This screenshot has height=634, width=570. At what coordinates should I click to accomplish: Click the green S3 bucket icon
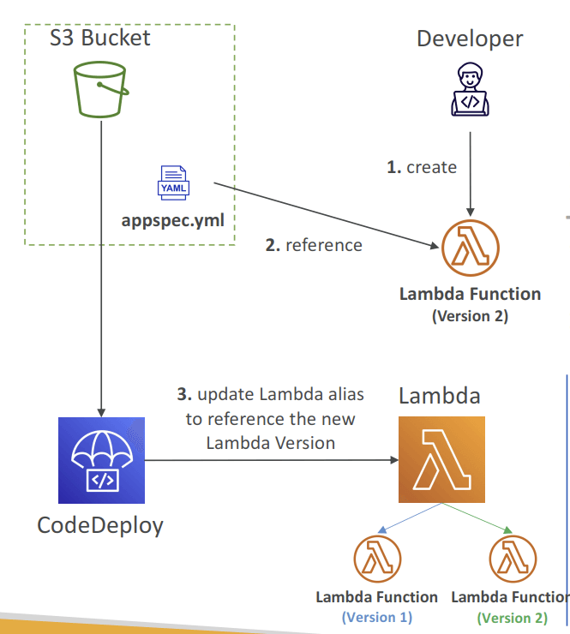tap(101, 89)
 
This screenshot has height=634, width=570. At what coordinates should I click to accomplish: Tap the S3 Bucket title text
tap(100, 38)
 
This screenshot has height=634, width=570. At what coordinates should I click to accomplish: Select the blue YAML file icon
tap(173, 182)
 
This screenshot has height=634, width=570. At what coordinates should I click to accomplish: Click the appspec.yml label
tap(173, 221)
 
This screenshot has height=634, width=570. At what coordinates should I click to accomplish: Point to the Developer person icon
tap(470, 89)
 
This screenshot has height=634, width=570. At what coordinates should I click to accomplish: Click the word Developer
tap(470, 39)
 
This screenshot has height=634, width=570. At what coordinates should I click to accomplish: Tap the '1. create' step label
tap(422, 167)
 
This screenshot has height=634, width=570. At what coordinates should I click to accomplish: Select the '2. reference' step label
tap(314, 245)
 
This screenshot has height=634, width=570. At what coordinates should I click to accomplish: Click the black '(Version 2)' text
tap(470, 316)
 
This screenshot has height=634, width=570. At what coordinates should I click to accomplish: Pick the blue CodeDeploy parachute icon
tap(101, 460)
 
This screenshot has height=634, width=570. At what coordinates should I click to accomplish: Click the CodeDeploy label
tap(100, 526)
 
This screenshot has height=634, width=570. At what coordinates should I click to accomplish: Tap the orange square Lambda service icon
tap(441, 460)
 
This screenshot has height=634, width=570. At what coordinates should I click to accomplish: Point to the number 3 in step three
tap(184, 394)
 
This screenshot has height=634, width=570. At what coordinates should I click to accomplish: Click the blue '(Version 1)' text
tap(377, 618)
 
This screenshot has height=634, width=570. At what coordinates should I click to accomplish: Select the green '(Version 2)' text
tap(513, 618)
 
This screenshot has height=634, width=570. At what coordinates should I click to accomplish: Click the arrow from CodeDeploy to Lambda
tap(272, 460)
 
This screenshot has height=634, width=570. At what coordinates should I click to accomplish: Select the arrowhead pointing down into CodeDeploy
tap(101, 412)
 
